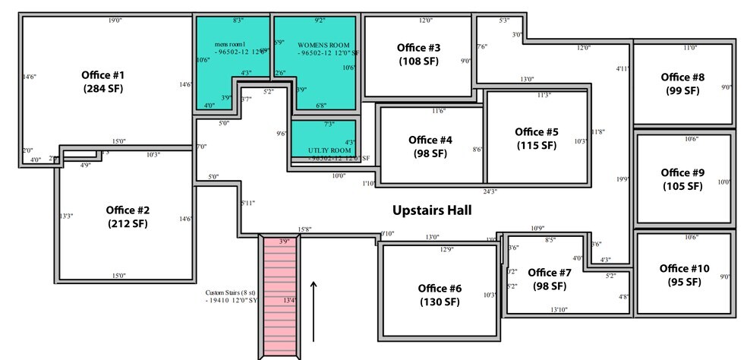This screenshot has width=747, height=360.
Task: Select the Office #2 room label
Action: pos(128,216)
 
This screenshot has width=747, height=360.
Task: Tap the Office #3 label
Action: pos(418,54)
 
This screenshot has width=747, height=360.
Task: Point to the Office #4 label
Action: pos(430,147)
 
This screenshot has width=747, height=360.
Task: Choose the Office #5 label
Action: pos(536,138)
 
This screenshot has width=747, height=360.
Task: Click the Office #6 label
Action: pos(440,295)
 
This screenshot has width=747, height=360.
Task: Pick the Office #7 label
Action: pos(549,279)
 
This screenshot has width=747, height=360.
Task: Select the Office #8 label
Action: pos(682,84)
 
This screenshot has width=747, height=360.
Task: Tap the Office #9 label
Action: pos(682,179)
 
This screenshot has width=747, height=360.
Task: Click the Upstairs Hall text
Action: pos(432,210)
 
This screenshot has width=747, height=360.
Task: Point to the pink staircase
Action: pos(279,296)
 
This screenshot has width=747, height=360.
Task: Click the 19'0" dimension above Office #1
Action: pos(115,21)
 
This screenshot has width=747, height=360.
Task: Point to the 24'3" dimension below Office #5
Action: pos(490,191)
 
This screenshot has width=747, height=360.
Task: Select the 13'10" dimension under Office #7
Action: pos(559,309)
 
